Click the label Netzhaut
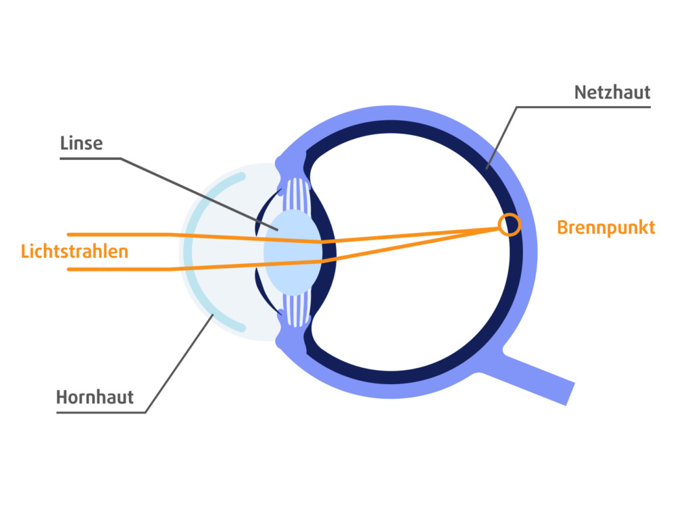(612, 92)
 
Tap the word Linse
(81, 143)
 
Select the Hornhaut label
(95, 397)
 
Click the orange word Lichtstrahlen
(74, 251)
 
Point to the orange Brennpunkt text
(606, 227)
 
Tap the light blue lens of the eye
(292, 252)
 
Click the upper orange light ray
(282, 238)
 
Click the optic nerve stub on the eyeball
(539, 375)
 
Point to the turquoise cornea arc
(189, 252)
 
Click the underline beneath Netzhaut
(583, 107)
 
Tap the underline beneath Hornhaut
(101, 412)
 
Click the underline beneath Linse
(90, 158)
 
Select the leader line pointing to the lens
(199, 194)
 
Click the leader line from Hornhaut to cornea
(179, 363)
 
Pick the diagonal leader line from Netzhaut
(501, 138)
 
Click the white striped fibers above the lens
(296, 194)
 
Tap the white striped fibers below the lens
(296, 311)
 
